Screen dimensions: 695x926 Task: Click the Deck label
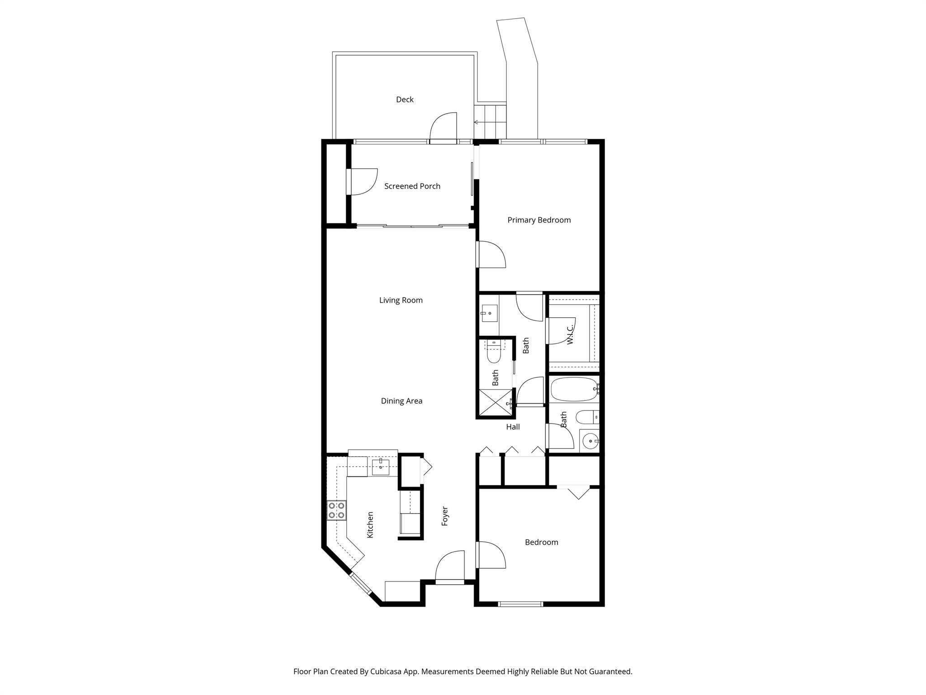(405, 100)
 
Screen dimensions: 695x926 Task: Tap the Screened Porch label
(412, 186)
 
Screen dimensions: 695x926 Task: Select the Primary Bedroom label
(539, 220)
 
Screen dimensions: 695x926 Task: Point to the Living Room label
(401, 300)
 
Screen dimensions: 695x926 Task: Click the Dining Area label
(402, 401)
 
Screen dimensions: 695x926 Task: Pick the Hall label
(513, 427)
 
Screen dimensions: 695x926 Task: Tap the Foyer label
(445, 516)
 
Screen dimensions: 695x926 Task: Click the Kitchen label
(370, 525)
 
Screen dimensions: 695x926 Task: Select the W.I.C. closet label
(570, 334)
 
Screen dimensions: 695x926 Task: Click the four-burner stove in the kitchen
(337, 510)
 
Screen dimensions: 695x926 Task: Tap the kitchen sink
(381, 467)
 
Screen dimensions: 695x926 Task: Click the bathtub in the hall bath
(574, 389)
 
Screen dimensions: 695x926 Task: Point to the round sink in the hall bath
(590, 440)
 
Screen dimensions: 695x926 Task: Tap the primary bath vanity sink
(489, 313)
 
